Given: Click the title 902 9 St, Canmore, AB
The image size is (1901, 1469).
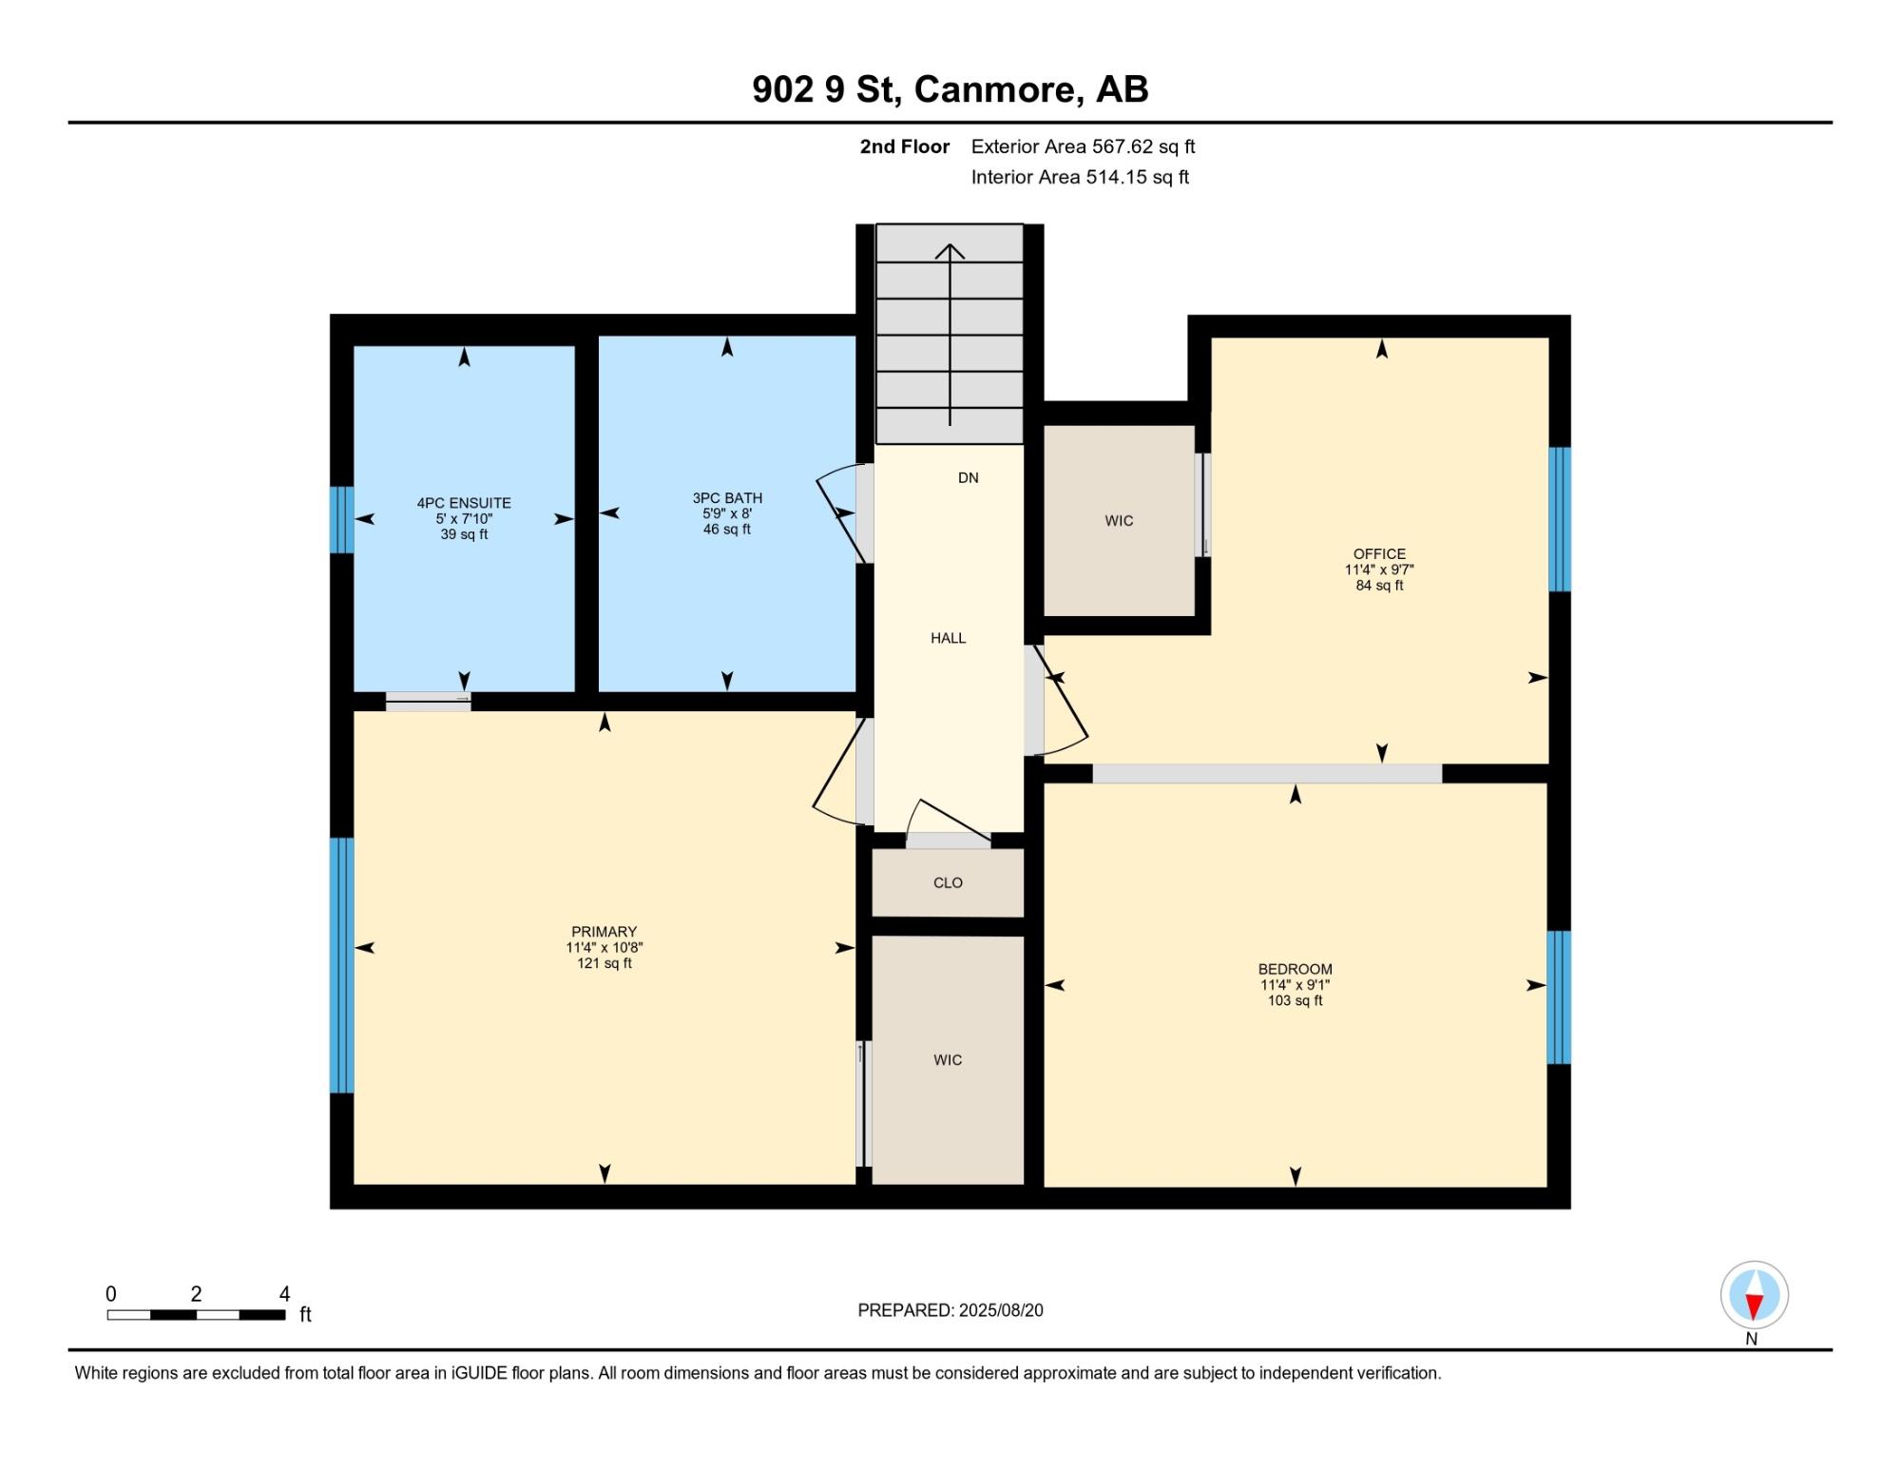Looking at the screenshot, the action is (x=950, y=89).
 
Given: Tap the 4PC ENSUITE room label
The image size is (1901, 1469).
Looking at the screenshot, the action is (x=464, y=503).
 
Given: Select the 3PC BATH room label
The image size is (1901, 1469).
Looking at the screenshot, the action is (x=727, y=498).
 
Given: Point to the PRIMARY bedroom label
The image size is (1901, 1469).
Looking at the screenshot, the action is (x=604, y=932).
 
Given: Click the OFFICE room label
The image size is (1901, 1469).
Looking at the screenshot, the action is (x=1379, y=554).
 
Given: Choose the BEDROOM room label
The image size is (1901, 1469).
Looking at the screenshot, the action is (x=1295, y=970).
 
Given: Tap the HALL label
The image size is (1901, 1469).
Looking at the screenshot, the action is (x=948, y=639).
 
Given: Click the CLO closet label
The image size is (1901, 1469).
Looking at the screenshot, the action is (x=948, y=883).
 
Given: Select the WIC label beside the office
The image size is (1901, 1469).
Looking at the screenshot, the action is (x=1119, y=521).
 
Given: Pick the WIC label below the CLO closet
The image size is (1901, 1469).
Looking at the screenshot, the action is (x=948, y=1060).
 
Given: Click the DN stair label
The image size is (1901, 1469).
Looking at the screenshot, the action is (x=968, y=478).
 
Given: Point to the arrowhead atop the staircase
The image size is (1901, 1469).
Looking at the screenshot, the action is (x=950, y=251).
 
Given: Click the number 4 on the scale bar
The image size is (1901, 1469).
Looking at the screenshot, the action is (x=284, y=1294).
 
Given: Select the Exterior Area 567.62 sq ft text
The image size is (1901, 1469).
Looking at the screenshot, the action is (x=1083, y=146).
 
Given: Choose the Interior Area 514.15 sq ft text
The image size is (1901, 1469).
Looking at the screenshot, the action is (x=1080, y=177).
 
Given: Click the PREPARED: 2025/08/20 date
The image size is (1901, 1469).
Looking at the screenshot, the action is (x=950, y=1310).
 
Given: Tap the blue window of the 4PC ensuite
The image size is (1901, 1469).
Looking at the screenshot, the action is (x=342, y=520).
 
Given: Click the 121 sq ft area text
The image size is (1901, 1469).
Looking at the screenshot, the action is (x=604, y=963).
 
